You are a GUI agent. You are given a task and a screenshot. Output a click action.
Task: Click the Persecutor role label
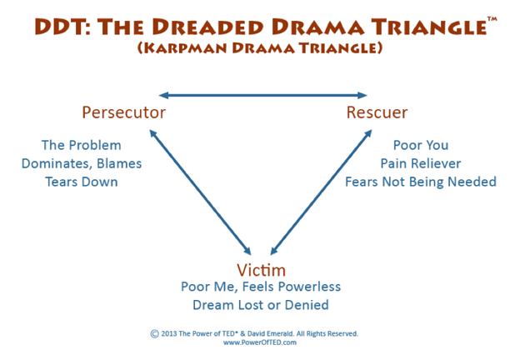[123, 112]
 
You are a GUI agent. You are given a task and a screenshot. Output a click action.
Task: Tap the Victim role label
[261, 269]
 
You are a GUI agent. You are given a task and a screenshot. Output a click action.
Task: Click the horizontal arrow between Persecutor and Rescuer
[262, 93]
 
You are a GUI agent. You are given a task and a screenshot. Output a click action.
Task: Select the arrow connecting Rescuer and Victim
[320, 187]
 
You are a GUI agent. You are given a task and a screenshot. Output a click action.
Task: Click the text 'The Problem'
[82, 145]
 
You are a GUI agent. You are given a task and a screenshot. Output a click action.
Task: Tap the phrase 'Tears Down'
[82, 182]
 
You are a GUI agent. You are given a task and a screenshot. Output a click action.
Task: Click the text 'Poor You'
[420, 145]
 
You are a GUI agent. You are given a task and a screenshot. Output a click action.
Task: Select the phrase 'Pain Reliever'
[420, 163]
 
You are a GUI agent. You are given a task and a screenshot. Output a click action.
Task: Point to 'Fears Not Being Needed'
[420, 182]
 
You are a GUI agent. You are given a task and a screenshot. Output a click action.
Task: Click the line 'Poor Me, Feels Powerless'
[261, 287]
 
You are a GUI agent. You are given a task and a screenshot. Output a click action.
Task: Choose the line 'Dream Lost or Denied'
[261, 305]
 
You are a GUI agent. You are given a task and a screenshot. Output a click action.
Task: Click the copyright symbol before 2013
[155, 333]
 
